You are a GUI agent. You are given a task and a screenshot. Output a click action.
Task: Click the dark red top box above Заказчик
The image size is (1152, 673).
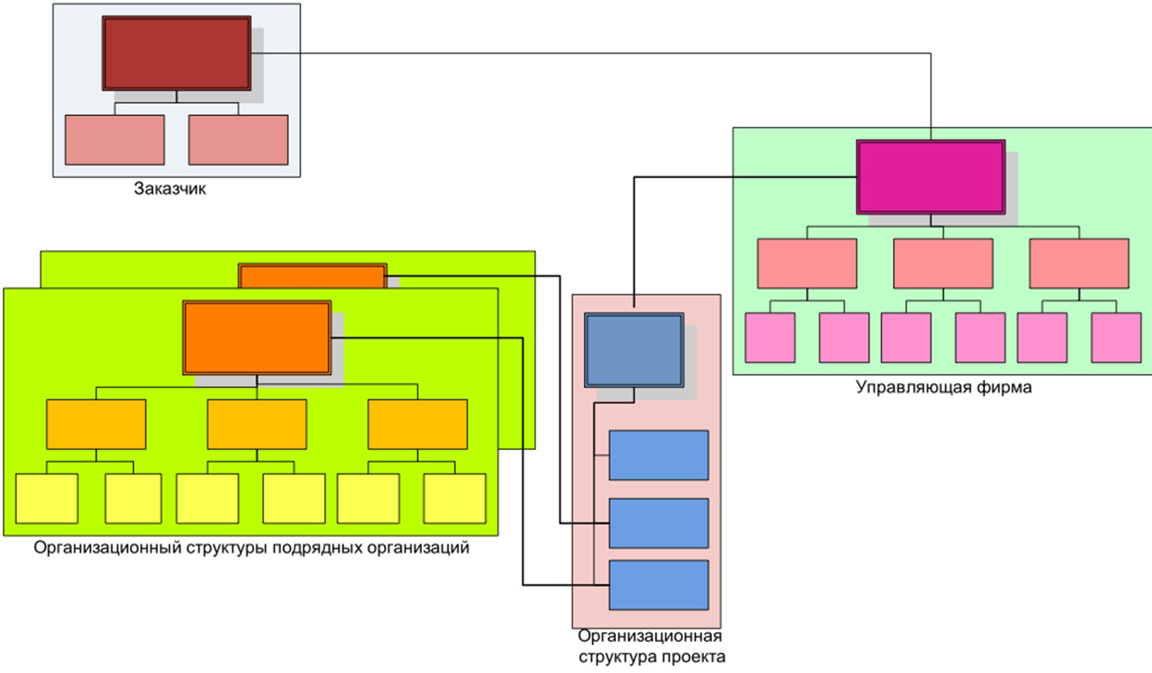pos(176,53)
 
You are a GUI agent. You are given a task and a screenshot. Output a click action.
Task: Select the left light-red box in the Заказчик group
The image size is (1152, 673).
pos(115,140)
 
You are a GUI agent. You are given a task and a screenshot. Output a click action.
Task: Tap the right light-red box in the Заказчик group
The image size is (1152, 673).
pos(238,140)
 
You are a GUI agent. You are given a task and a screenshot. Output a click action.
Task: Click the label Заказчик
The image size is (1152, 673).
pos(170,189)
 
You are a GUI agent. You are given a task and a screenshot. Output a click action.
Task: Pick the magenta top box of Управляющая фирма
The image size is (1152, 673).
pos(931,177)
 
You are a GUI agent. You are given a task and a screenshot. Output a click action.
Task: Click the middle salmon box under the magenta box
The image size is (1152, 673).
pos(943,263)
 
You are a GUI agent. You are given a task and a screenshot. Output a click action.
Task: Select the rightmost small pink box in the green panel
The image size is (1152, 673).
pos(1116,337)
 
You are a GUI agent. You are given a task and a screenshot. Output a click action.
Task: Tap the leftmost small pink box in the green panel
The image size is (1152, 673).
pos(770,337)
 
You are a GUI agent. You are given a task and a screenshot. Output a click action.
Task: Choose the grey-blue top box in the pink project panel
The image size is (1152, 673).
pos(634,350)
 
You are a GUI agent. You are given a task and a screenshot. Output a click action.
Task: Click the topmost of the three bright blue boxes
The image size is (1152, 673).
pos(659,455)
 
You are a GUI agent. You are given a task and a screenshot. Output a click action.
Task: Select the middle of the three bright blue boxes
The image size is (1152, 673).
pos(659,523)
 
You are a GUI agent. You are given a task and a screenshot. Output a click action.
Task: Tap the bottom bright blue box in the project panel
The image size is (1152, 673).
pos(659,584)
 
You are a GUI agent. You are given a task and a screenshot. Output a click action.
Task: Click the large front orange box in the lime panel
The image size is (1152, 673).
pos(257,337)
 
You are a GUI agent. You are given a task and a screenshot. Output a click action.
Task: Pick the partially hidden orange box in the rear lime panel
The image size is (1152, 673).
pos(312,276)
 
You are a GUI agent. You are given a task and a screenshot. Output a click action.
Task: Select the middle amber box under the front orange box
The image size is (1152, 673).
pos(257,424)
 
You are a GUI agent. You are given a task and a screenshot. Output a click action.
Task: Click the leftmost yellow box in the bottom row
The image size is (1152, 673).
pos(46,498)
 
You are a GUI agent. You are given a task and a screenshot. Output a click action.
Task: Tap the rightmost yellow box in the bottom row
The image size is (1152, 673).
pos(455,498)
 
